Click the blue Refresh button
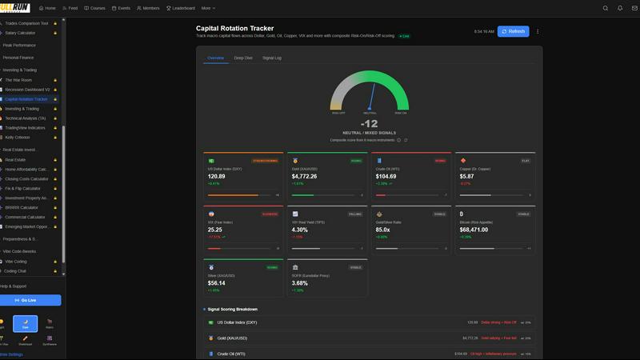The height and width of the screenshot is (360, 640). tap(513, 31)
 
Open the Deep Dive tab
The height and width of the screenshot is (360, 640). tap(243, 58)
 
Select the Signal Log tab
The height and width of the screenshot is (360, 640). tap(272, 58)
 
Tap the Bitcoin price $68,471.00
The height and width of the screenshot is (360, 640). tap(478, 230)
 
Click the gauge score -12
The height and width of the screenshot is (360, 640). tap(369, 124)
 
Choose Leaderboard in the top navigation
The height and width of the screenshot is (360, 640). tap(182, 8)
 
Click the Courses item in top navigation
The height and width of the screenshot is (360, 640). tap(95, 8)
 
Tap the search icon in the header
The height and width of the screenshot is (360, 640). tap(606, 8)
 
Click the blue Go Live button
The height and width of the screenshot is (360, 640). tap(30, 300)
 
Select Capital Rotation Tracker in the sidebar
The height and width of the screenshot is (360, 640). tap(26, 99)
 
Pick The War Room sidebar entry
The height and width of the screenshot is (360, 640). tap(18, 80)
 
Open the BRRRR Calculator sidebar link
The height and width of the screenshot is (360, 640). tap(22, 207)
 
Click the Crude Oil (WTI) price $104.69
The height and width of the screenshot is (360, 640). tap(386, 176)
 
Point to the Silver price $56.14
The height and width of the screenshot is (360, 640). tap(217, 282)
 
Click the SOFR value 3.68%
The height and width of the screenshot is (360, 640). tap(300, 282)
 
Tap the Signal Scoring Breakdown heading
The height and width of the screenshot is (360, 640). tap(233, 309)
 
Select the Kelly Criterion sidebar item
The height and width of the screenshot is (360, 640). tap(18, 138)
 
